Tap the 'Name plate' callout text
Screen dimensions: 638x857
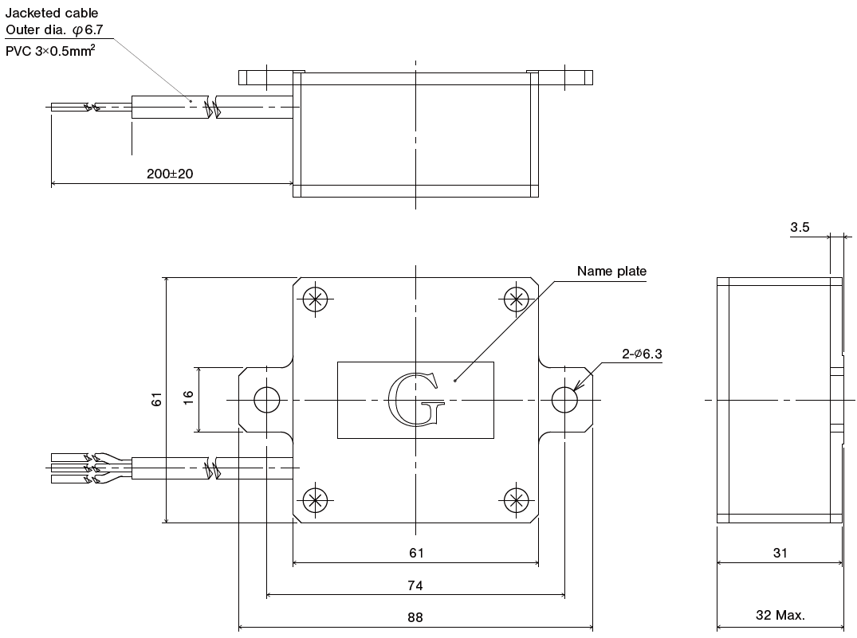(x=611, y=272)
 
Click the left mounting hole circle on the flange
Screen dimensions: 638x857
(x=266, y=400)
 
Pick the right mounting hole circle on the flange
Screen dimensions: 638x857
(x=564, y=400)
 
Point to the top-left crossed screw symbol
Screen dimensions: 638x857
(x=316, y=299)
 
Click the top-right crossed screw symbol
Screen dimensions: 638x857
(x=517, y=299)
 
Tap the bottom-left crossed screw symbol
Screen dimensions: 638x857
(x=316, y=500)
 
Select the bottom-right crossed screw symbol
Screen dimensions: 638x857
(x=517, y=500)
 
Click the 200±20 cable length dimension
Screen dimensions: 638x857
(x=170, y=174)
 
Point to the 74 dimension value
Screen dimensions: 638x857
(x=415, y=585)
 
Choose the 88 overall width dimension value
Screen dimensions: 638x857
(x=415, y=617)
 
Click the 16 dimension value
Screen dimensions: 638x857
(x=188, y=399)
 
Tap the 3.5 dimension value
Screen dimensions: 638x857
(x=800, y=227)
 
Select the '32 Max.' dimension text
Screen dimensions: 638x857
(x=780, y=615)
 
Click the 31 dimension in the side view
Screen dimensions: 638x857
(x=780, y=553)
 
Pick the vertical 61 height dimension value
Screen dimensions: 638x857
(x=157, y=399)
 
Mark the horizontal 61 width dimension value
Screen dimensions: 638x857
(x=415, y=553)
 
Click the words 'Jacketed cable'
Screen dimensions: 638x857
(x=52, y=13)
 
